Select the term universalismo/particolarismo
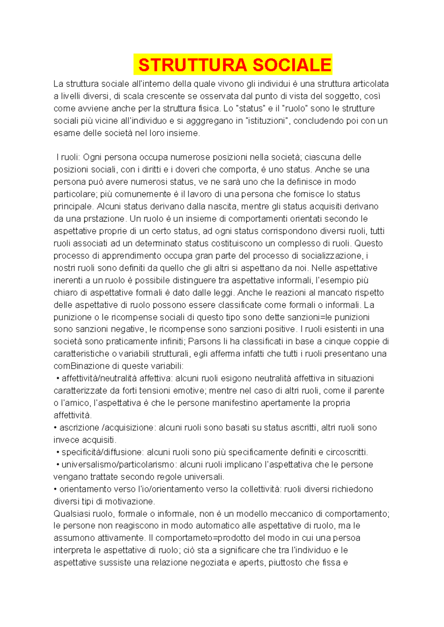[x=118, y=464]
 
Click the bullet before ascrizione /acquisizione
[x=55, y=428]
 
